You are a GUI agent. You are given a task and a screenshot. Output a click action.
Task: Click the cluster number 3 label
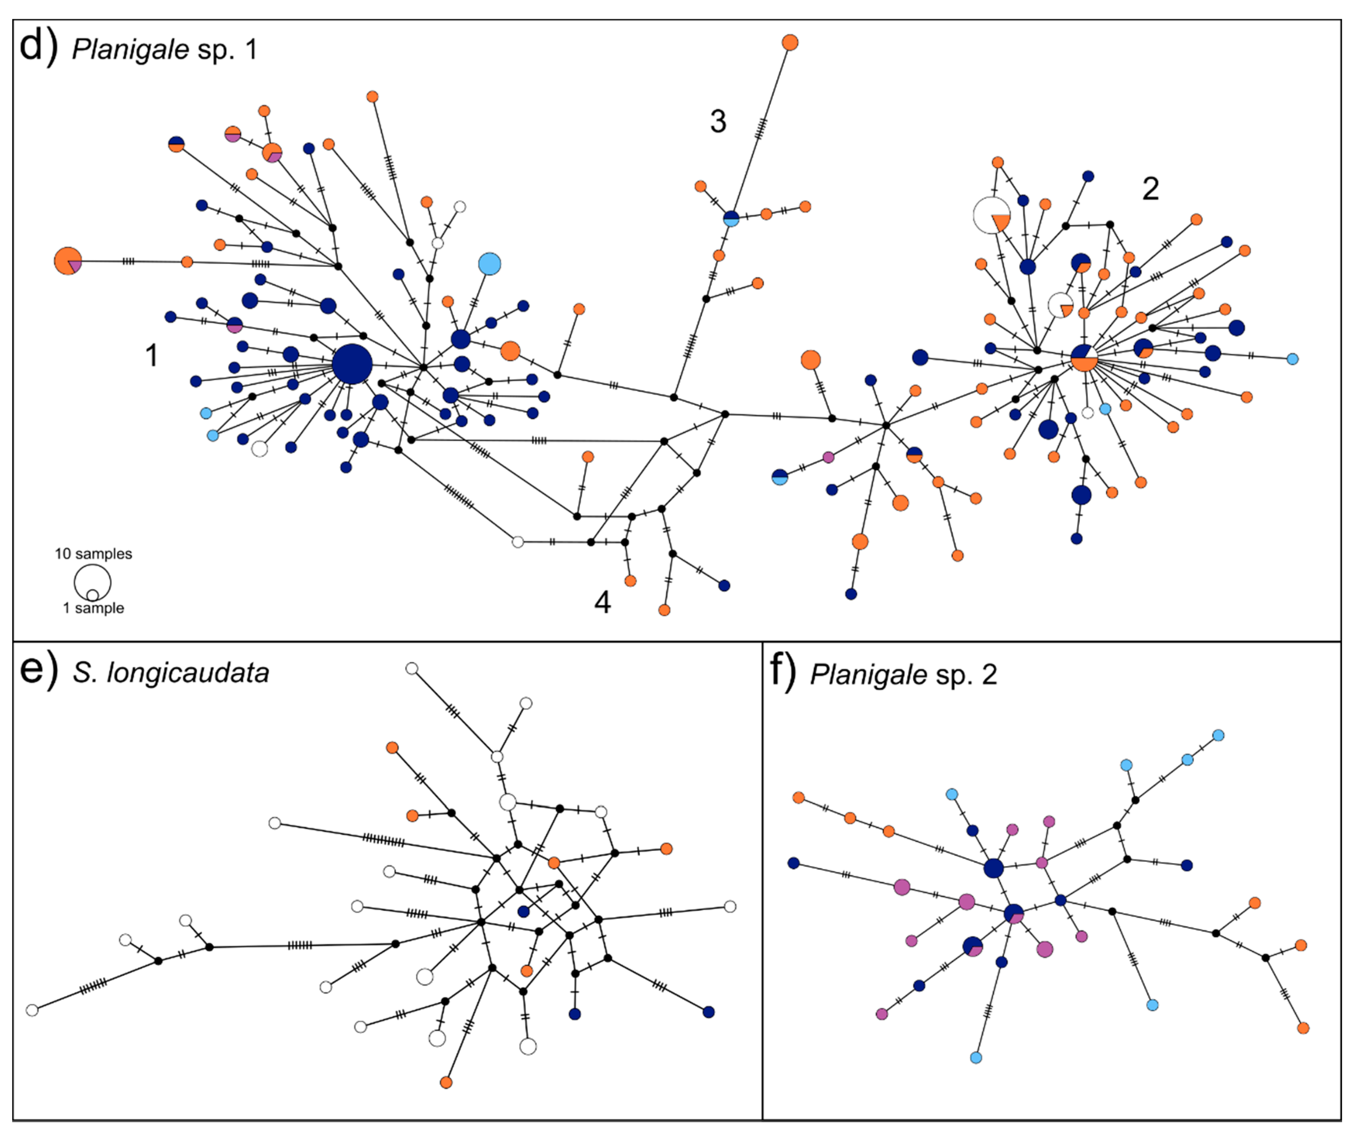[718, 122]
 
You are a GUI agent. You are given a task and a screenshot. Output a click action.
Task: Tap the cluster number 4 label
[602, 602]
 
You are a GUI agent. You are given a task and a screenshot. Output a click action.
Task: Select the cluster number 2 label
[1150, 189]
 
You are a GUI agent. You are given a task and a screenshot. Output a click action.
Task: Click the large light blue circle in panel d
[489, 264]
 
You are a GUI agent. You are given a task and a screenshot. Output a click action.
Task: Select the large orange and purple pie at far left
[68, 261]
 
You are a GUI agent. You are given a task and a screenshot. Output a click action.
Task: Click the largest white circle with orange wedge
[991, 215]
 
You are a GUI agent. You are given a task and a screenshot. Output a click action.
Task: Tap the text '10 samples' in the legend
[93, 554]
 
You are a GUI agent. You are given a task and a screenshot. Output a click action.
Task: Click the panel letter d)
[39, 47]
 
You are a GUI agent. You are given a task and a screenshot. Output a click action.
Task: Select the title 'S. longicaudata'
[171, 673]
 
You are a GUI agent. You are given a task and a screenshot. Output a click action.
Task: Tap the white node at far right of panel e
[730, 907]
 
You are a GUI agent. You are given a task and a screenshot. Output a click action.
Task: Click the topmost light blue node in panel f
[1218, 735]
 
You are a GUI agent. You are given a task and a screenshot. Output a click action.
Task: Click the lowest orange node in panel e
[446, 1083]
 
